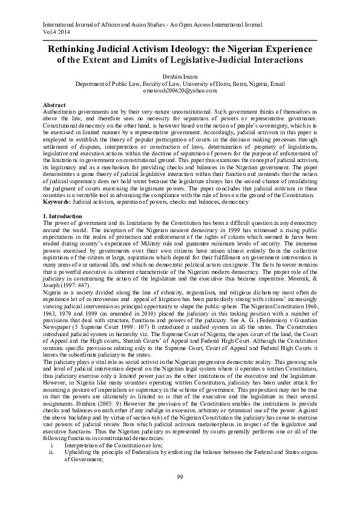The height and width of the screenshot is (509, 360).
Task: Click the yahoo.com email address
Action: click(180, 90)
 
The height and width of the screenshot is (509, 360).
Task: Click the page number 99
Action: click(180, 477)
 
